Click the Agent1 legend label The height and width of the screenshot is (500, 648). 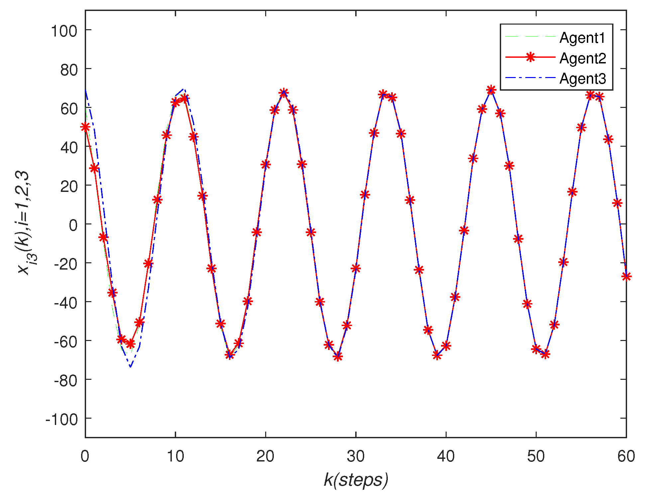(582, 38)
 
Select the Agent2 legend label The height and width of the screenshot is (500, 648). (582, 58)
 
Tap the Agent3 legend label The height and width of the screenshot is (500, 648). (582, 79)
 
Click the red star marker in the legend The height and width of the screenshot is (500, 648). (530, 57)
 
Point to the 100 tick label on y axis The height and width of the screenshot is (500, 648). (64, 31)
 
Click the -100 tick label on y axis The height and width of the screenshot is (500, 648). (61, 420)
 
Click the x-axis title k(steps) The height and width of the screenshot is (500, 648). (356, 480)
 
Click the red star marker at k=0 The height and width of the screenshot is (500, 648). (85, 127)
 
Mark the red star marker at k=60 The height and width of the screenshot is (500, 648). (626, 276)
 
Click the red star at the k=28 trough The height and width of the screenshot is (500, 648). (338, 357)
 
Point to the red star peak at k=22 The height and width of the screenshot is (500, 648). (283, 93)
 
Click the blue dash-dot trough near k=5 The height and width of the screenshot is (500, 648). (131, 367)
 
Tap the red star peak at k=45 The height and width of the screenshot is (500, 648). (491, 90)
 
